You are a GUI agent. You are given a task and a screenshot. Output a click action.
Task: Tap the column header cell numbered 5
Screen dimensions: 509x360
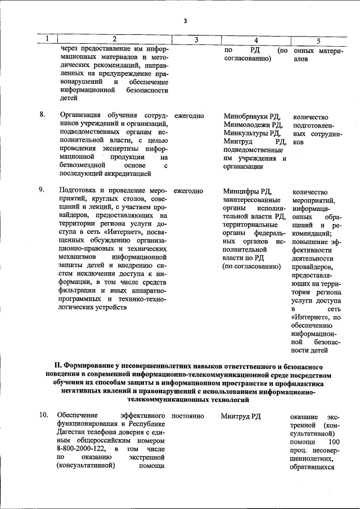pos(318,40)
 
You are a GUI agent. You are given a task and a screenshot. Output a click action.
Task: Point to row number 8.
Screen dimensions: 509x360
pos(42,115)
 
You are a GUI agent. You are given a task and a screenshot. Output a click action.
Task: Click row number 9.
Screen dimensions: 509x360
pos(42,190)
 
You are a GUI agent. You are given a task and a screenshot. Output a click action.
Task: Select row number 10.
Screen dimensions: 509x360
pos(43,415)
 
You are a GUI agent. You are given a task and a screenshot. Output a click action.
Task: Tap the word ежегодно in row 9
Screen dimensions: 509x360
pos(188,191)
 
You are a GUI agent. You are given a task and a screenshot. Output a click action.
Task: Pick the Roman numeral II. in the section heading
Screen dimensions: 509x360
pos(54,366)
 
